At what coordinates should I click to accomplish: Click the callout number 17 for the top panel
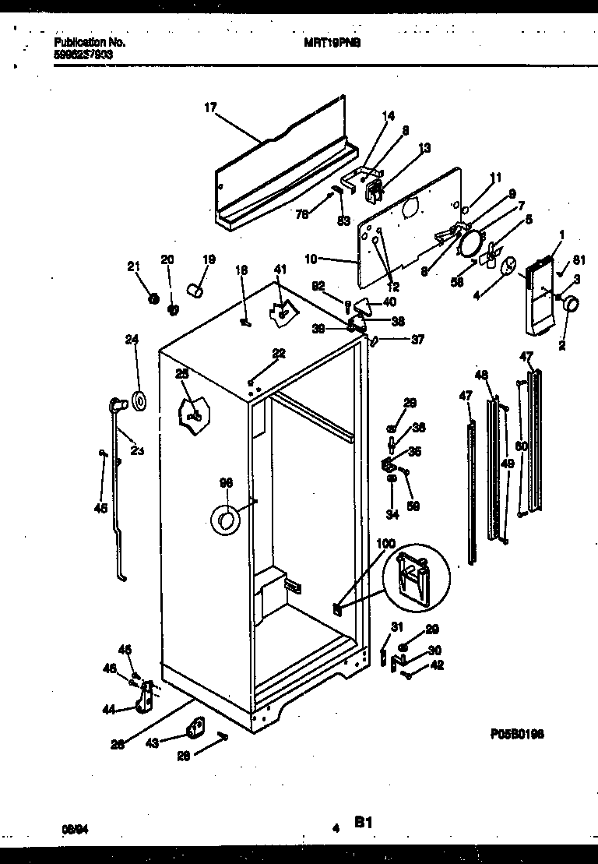tap(209, 108)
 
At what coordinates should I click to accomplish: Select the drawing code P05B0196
tap(517, 733)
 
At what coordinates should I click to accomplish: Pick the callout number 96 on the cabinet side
tap(226, 484)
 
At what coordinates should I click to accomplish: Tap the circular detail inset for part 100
tap(417, 578)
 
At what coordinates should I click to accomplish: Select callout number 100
tap(385, 543)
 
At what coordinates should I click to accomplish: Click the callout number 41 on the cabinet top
tap(280, 270)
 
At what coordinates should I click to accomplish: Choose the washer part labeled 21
tap(154, 298)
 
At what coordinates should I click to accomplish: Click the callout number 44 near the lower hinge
tap(110, 709)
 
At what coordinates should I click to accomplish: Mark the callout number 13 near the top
tap(424, 147)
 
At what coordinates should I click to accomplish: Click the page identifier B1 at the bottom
tap(363, 821)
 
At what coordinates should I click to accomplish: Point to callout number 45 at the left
tap(99, 510)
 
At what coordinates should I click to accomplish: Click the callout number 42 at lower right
tap(437, 665)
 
